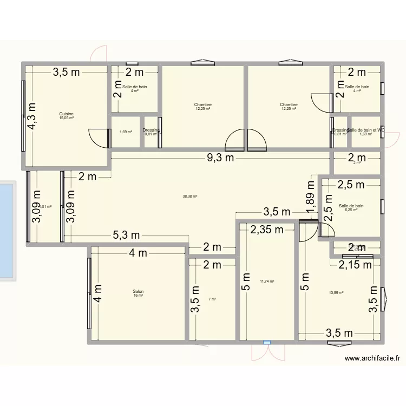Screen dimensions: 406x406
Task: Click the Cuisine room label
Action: point(67,114)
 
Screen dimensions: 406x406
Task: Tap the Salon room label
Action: point(138,291)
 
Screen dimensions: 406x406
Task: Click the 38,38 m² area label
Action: point(190,197)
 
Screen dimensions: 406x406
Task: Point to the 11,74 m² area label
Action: point(267,281)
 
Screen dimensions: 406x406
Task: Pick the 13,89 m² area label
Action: point(336,293)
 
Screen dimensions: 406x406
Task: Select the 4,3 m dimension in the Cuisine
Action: point(34,116)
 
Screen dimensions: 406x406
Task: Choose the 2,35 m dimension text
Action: point(267,230)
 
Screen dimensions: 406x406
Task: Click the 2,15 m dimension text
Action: point(355,265)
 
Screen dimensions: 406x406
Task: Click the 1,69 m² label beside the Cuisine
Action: point(125,132)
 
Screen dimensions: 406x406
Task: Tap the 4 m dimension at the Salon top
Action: point(138,253)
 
